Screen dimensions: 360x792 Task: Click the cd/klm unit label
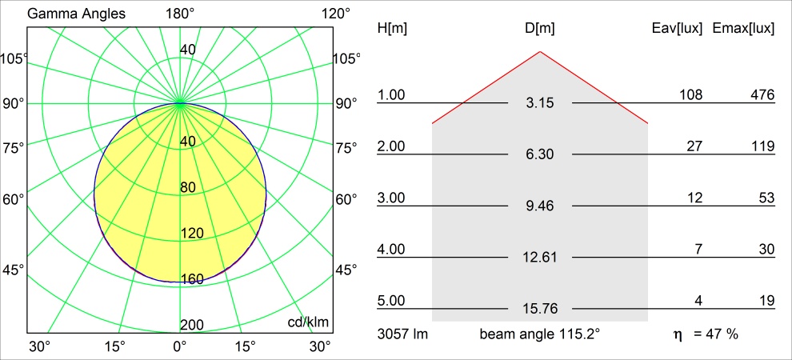309,322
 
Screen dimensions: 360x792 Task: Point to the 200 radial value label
192,324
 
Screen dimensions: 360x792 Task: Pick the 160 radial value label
192,279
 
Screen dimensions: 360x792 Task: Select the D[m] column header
540,28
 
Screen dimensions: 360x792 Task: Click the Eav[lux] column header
678,28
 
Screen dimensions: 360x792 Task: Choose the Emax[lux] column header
743,28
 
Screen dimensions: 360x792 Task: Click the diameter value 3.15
540,103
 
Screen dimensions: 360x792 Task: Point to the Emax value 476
762,95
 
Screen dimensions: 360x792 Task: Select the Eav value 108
691,95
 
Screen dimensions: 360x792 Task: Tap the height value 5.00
392,301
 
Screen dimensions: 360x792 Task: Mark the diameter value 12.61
540,257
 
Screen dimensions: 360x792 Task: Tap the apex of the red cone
540,52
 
